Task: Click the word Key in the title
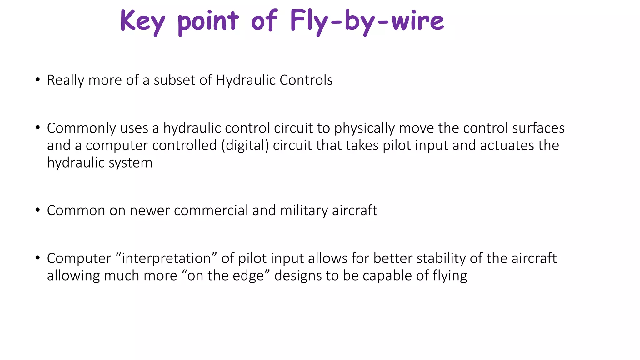(142, 21)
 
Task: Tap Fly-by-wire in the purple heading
(367, 21)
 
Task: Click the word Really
(66, 80)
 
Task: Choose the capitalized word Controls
(306, 80)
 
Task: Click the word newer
(150, 211)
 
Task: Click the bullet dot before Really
(38, 79)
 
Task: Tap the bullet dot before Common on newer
(38, 210)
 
